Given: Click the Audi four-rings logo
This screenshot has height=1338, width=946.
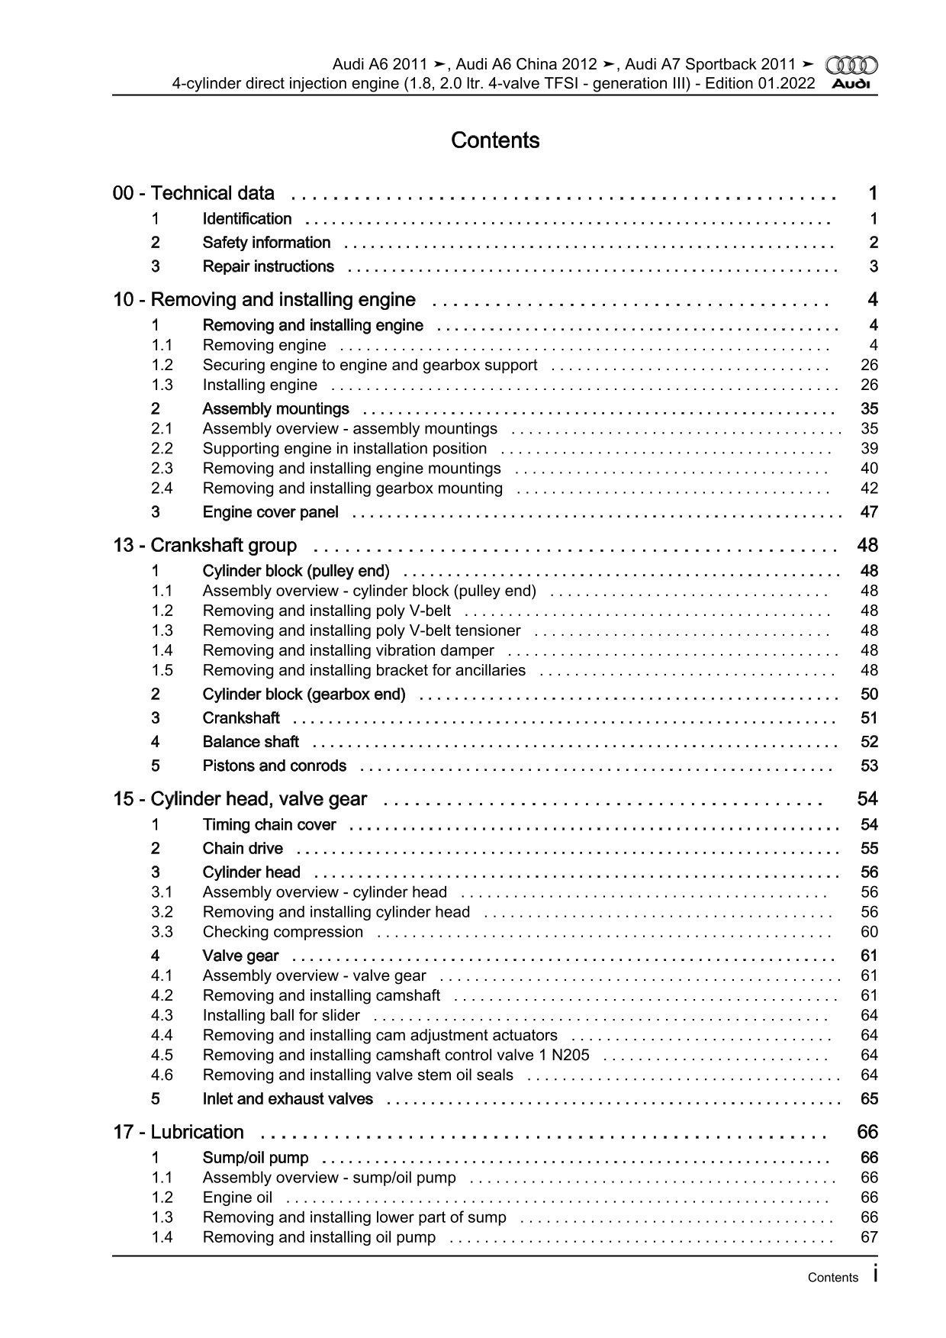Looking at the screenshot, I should [x=852, y=66].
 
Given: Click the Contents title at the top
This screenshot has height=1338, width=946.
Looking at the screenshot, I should [x=495, y=140].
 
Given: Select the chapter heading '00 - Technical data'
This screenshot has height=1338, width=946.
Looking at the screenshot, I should [x=194, y=193].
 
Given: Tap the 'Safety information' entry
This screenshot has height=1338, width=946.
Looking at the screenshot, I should [x=266, y=243].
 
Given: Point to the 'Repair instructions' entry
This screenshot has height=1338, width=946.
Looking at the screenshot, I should [x=268, y=266].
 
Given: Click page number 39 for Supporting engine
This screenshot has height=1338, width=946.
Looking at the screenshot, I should [x=869, y=449].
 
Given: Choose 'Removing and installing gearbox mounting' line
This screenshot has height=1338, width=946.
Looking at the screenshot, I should [x=352, y=488].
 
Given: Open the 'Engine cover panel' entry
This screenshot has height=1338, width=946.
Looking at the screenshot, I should [x=270, y=512].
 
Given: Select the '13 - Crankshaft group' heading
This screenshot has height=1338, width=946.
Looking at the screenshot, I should [x=205, y=545].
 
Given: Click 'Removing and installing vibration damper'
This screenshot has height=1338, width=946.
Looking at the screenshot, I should [x=348, y=650].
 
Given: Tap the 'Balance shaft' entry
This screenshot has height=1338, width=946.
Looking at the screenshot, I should [x=250, y=742].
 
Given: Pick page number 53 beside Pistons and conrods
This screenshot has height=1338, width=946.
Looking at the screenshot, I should [x=869, y=766].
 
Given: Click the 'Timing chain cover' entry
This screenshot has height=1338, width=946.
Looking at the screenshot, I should [x=269, y=824].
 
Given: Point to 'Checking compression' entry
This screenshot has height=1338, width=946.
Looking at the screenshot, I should [x=283, y=932].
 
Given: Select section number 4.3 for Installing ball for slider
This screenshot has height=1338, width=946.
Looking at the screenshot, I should [x=162, y=1015].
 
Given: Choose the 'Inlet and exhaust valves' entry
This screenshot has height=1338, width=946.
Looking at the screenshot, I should [x=288, y=1099].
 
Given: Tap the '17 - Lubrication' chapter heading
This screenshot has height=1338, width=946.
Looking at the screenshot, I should [x=179, y=1132].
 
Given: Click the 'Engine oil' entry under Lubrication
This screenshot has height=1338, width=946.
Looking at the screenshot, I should [x=237, y=1198].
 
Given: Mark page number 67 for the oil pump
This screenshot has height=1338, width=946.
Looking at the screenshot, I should [x=869, y=1237].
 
